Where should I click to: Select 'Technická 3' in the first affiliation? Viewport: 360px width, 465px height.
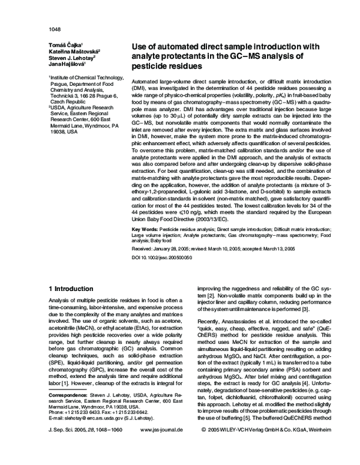(x=67, y=95)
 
